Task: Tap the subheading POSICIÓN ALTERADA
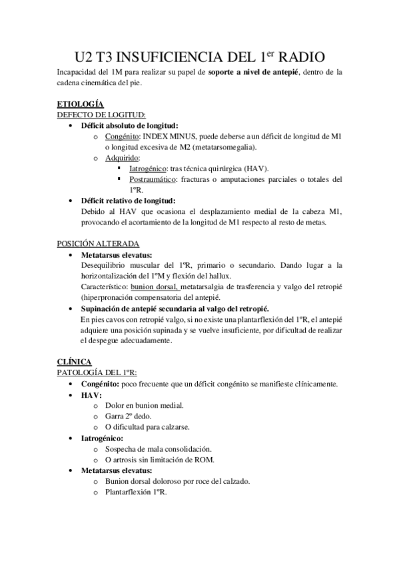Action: coord(97,244)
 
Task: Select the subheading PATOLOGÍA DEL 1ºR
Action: coord(97,372)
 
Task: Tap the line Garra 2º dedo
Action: coord(131,416)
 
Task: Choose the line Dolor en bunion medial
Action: coord(145,405)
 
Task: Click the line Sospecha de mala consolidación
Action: coord(158,448)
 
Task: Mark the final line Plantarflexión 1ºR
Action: coord(136,492)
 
